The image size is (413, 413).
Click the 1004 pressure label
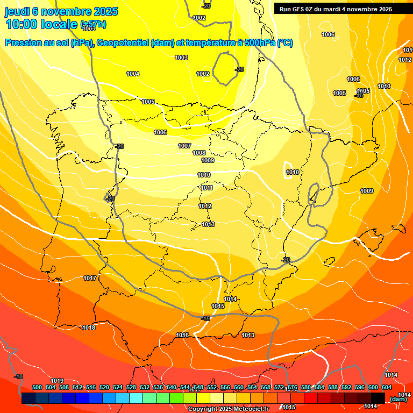click(133, 74)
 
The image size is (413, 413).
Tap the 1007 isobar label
click(184, 146)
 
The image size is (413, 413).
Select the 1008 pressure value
click(199, 153)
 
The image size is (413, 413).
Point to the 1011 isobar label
click(207, 188)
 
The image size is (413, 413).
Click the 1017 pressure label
click(90, 279)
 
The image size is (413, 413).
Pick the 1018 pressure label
click(89, 328)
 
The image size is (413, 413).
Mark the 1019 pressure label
click(57, 381)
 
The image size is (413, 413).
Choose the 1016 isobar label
click(182, 336)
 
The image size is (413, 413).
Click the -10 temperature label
click(18, 377)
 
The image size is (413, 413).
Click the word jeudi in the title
click(19, 11)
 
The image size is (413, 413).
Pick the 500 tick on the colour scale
click(37, 388)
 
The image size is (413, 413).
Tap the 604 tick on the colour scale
click(387, 388)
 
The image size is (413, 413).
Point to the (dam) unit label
click(398, 399)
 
